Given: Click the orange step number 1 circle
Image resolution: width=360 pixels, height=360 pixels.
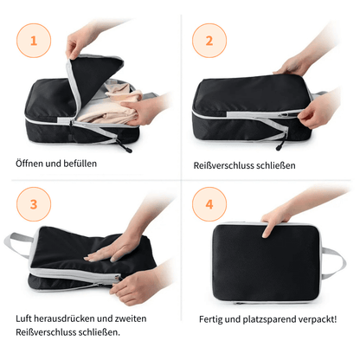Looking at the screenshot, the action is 34,41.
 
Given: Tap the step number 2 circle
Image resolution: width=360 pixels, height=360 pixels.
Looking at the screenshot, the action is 209,41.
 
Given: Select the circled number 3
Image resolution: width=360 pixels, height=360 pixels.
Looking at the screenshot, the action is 34,204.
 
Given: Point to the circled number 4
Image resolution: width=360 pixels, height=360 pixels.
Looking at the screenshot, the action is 209,204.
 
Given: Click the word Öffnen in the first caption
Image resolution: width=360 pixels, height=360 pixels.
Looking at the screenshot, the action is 29,164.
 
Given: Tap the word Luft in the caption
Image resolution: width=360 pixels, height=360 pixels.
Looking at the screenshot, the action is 23,318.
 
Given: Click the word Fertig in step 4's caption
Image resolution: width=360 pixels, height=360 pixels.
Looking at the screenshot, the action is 210,319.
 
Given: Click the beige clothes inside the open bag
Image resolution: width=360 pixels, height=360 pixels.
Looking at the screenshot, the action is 111,104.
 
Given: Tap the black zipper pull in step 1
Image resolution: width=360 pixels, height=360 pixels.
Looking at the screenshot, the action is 124,145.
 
